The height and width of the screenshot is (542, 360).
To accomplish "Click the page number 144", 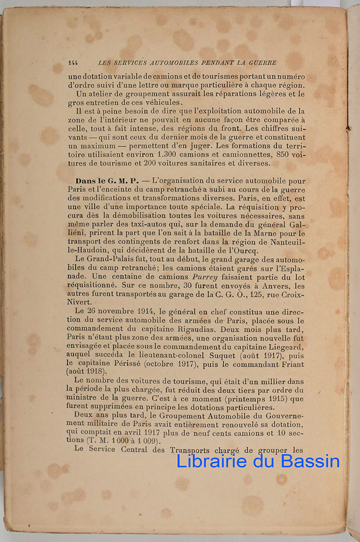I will [x=73, y=63].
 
